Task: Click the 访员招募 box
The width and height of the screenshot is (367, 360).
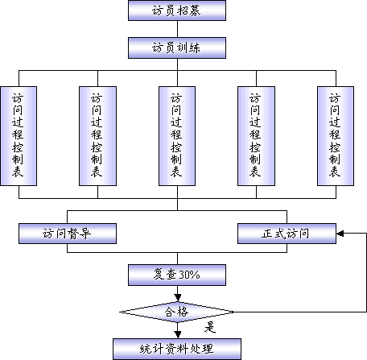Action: point(177,10)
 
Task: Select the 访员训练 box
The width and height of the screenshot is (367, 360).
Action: point(177,48)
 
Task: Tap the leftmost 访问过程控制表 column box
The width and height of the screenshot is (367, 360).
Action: point(19,136)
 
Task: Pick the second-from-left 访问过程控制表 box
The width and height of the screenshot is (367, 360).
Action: point(97,136)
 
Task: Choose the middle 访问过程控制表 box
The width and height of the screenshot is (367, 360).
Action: point(177,136)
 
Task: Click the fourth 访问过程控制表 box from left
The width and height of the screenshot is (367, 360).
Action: point(256,136)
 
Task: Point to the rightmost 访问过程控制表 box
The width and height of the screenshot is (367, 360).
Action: point(336,136)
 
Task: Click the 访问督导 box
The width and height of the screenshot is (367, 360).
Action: point(68,234)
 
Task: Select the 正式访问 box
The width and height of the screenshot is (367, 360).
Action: point(287,234)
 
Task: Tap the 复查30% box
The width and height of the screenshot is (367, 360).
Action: point(177,275)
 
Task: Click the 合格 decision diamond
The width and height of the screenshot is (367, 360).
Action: point(177,312)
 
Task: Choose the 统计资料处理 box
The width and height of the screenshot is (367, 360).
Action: point(177,349)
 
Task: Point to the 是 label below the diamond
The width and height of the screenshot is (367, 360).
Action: point(210,328)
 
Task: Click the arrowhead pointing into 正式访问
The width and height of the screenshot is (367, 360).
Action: point(340,234)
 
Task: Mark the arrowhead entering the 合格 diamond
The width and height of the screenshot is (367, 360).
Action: point(177,298)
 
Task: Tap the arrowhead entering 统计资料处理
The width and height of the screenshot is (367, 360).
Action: point(177,335)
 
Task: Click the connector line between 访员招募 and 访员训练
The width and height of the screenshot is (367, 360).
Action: point(177,29)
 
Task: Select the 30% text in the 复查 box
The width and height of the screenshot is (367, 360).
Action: point(189,275)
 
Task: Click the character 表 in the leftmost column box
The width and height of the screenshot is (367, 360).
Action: point(18,172)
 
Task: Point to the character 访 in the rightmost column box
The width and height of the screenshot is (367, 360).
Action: point(335,98)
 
